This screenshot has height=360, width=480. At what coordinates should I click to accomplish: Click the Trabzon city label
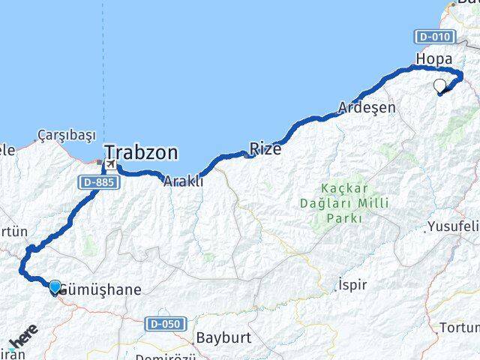142,153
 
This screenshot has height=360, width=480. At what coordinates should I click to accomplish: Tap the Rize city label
265,149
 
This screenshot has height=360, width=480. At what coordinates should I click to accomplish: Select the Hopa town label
434,59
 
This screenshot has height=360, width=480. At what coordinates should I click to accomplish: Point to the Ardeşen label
367,107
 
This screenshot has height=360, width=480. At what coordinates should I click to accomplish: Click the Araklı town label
183,180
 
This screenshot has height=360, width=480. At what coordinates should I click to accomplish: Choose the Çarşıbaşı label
67,135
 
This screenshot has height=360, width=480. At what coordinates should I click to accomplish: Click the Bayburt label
223,337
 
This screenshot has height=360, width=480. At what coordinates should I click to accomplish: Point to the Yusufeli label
453,226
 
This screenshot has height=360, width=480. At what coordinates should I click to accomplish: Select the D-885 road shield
94,182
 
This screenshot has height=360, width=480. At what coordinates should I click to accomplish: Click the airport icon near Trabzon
111,163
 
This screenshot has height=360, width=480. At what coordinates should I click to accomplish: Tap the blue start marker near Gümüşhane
55,286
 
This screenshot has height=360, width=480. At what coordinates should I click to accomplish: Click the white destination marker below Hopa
440,86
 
